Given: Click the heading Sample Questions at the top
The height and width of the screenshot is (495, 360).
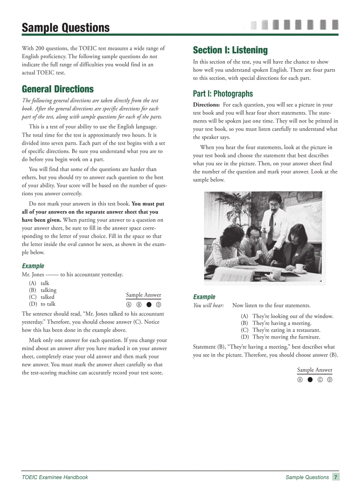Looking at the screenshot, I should tap(66, 28).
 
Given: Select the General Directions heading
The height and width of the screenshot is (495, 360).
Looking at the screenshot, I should tap(58, 89).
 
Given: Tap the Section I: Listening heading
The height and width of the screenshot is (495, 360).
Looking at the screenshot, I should tap(230, 50).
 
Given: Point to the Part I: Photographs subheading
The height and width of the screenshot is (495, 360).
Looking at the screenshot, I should tap(223, 93).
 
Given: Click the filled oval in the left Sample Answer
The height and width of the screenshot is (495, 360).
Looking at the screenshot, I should tap(149, 305).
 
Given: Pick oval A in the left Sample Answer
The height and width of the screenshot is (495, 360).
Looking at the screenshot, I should tap(129, 305).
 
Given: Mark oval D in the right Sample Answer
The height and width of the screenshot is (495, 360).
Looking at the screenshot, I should tap(330, 380).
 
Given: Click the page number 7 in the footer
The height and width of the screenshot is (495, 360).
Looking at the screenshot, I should tap(336, 477).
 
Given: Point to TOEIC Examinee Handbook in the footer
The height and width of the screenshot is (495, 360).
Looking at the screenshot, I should tap(55, 477).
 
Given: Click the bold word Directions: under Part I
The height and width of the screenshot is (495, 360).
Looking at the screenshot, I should tap(206, 105).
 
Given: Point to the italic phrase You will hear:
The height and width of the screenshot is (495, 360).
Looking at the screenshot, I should tap(209, 305).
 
